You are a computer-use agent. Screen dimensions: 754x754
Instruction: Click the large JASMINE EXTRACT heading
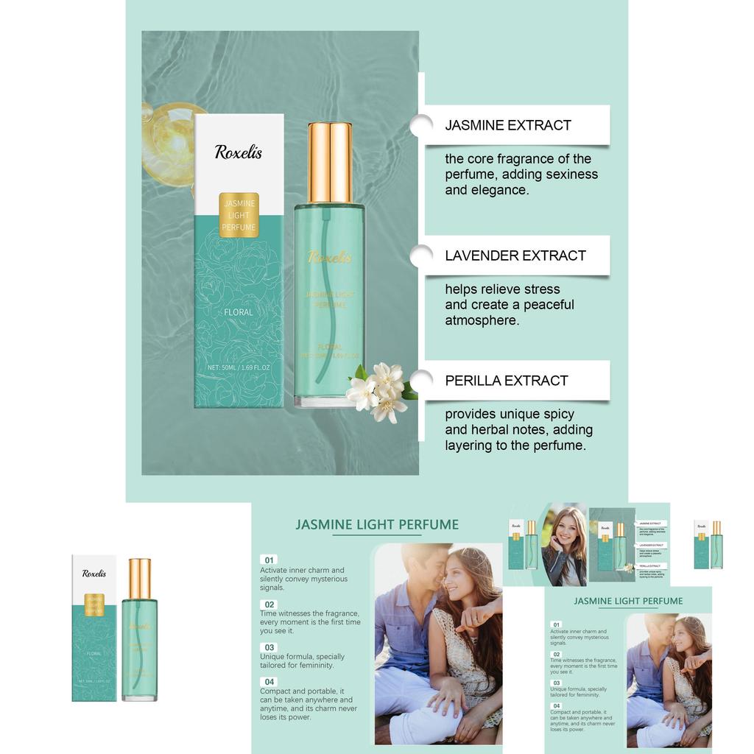(x=508, y=125)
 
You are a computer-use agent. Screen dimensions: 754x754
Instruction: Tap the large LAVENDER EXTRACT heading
(x=515, y=256)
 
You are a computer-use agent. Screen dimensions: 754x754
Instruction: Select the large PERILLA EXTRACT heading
(x=507, y=381)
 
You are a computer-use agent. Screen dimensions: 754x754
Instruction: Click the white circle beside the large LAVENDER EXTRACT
(x=421, y=256)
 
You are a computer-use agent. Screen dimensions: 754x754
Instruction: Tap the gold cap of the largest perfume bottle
(x=329, y=162)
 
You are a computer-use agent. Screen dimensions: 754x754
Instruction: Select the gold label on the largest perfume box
(x=239, y=214)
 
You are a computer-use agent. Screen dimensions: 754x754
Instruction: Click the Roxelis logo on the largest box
(x=239, y=152)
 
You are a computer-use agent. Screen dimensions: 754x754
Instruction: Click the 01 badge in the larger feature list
(x=269, y=560)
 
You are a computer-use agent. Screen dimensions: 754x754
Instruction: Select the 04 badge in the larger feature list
(x=269, y=682)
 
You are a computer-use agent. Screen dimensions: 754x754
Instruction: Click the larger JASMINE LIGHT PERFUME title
(x=377, y=525)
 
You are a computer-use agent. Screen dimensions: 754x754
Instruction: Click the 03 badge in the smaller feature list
(x=557, y=683)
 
